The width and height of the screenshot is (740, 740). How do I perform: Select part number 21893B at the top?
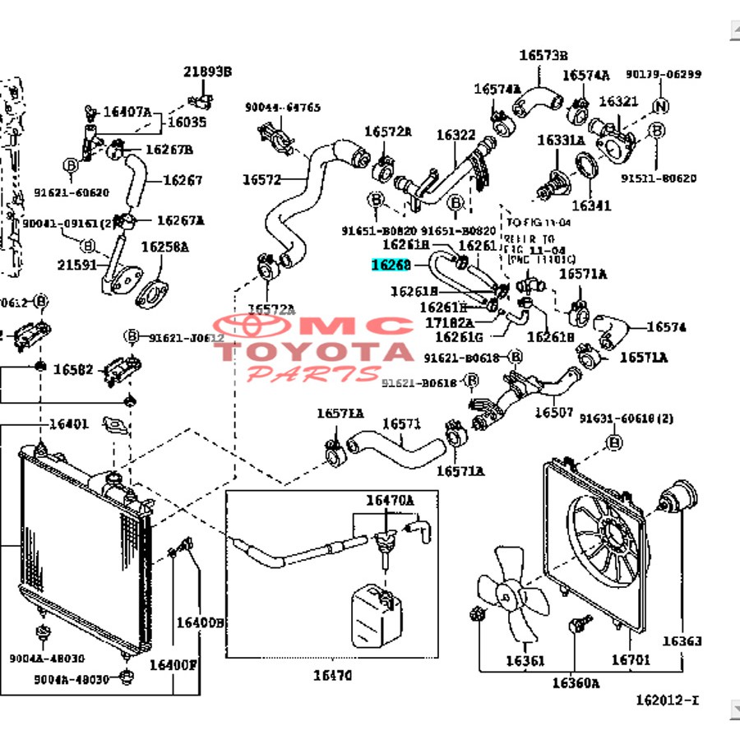click(x=207, y=72)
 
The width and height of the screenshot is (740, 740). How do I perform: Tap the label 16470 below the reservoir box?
click(x=331, y=676)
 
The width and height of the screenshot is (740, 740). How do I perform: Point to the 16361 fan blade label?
click(x=525, y=660)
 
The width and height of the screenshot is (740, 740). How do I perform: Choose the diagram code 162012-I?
click(x=667, y=701)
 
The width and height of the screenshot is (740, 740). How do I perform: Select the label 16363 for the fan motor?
click(x=682, y=641)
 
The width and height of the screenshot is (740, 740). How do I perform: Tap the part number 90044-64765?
click(x=282, y=108)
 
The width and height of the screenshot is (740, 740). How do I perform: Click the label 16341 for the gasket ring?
click(x=591, y=205)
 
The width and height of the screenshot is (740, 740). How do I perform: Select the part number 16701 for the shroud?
click(x=630, y=659)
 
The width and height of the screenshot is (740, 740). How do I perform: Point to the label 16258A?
click(x=164, y=246)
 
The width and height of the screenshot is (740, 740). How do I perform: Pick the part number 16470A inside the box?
click(x=390, y=500)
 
